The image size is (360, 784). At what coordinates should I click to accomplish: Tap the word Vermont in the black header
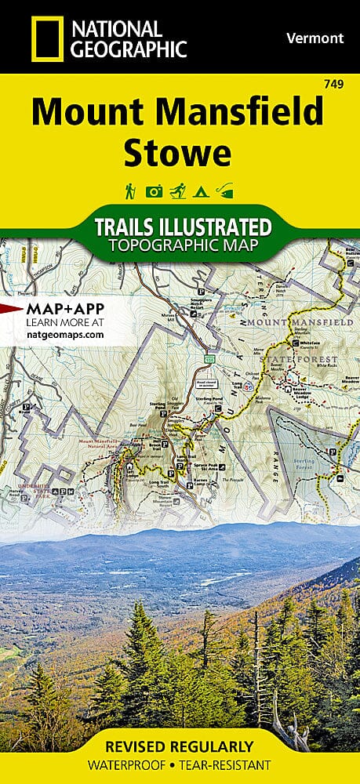coord(315,38)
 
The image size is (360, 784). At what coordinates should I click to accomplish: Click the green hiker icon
coord(129,191)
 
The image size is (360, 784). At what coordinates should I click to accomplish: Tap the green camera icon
coord(154,191)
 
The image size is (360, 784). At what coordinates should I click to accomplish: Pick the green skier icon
coord(178,191)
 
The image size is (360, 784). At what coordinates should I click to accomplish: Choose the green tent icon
coord(202,191)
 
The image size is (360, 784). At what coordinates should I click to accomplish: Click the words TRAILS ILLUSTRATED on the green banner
coord(183,227)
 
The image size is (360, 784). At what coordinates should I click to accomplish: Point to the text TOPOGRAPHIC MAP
coord(183,245)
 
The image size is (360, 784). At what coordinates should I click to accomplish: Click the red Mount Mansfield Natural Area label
coord(104,445)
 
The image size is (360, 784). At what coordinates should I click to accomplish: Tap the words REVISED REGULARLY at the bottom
coord(180,745)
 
